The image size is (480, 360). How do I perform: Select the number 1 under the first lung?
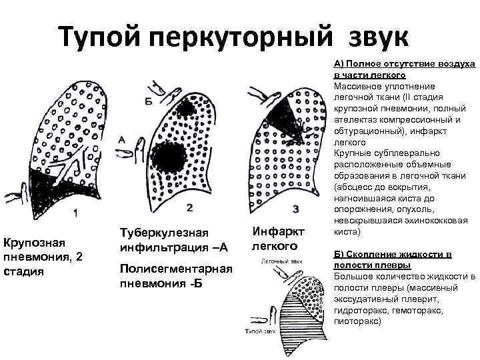pos(75,213)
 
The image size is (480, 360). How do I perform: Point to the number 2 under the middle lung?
pos(190,208)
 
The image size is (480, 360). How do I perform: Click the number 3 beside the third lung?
pos(295,210)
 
